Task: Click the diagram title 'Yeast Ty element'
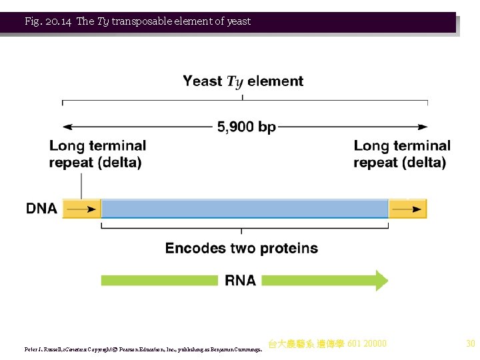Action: (243, 81)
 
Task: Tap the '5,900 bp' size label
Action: (245, 127)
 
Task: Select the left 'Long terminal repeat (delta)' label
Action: (97, 154)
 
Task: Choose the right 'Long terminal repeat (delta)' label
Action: (401, 154)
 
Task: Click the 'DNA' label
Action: (41, 209)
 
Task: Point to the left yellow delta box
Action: (81, 209)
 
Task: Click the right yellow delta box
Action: (407, 209)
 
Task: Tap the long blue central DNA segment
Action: (244, 209)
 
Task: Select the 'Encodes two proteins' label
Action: (241, 249)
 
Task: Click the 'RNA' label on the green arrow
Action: (240, 281)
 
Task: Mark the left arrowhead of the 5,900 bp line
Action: (67, 127)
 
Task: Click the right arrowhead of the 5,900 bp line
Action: (423, 127)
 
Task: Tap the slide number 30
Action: (470, 344)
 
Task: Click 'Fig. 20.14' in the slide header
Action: (49, 21)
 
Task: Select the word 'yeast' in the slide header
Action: (238, 21)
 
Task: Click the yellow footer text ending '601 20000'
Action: (327, 344)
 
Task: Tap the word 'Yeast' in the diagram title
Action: (203, 81)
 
